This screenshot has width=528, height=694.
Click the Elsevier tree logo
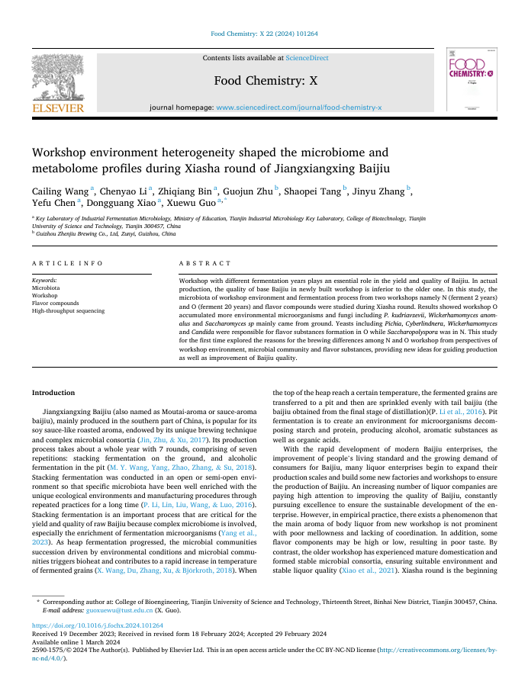[x=57, y=77]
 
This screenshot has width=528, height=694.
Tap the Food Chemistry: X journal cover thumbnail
[x=471, y=81]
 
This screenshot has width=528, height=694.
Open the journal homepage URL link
[x=299, y=108]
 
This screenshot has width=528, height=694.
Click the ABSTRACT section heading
[x=205, y=263]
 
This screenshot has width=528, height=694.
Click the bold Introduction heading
[x=53, y=392]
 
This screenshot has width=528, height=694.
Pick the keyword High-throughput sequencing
[x=68, y=310]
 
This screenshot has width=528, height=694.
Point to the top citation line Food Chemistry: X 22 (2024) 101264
[x=264, y=34]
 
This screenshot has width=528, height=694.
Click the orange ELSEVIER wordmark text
[x=57, y=109]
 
